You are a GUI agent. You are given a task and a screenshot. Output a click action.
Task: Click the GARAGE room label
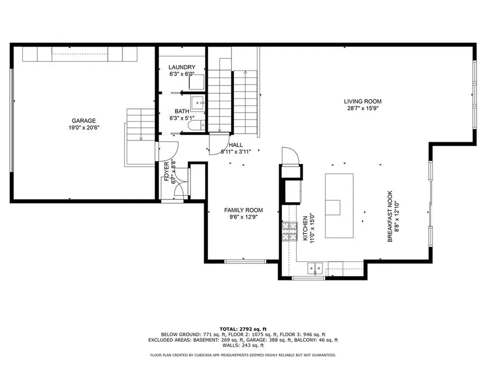84,121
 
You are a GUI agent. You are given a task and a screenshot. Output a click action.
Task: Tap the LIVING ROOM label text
363,101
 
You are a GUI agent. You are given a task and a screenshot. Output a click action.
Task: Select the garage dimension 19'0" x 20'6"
84,127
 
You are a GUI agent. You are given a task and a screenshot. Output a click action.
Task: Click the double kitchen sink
315,268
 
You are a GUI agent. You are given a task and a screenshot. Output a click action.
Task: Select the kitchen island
339,205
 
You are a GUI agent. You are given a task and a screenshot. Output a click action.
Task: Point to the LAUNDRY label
182,67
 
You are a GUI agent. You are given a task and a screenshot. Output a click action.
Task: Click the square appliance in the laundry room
196,82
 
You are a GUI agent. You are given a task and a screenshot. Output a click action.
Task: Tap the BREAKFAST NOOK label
390,217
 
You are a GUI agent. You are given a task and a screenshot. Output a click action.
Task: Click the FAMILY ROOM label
243,210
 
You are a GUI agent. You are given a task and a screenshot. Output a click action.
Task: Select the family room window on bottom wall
245,261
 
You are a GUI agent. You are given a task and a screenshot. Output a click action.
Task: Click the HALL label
235,145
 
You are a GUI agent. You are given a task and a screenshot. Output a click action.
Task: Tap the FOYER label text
167,172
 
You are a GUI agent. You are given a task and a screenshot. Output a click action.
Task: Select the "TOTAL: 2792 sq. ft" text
243,329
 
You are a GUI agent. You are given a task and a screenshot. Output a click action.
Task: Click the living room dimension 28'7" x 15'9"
363,108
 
